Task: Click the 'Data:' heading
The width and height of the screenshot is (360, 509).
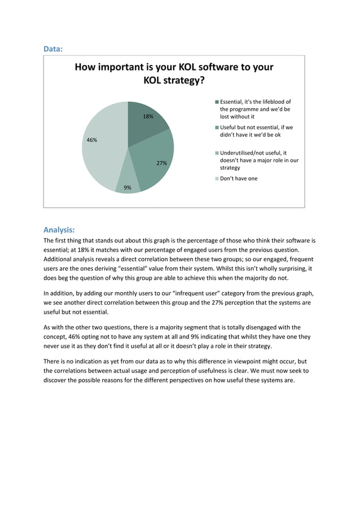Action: point(53,49)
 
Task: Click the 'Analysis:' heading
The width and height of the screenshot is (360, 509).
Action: point(59,230)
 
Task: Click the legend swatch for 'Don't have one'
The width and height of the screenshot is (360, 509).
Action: point(217,178)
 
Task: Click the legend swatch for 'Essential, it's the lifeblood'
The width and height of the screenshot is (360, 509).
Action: point(217,102)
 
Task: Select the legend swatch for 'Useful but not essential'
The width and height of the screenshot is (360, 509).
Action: point(217,128)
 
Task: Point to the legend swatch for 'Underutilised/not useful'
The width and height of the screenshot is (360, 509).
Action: point(217,153)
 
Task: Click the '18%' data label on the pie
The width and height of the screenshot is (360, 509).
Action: point(148,116)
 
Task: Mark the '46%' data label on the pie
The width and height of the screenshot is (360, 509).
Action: point(91,139)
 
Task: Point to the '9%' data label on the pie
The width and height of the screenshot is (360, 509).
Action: point(128,187)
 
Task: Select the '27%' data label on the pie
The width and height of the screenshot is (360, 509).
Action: point(161,163)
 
